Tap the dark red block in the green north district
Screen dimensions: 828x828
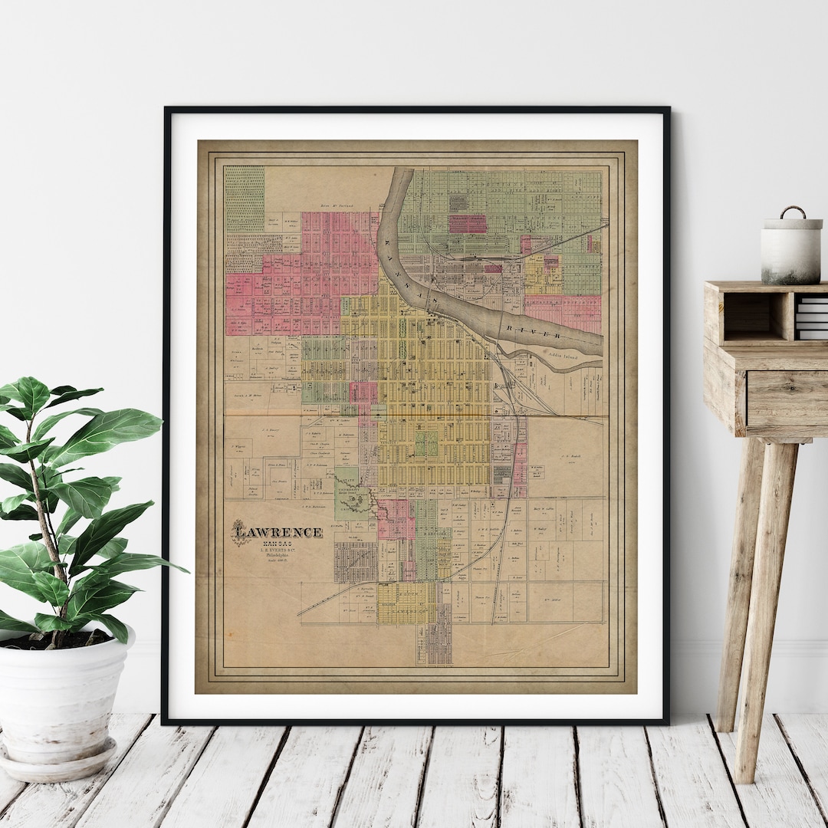[x=468, y=223]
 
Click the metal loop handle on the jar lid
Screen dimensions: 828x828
[x=793, y=212]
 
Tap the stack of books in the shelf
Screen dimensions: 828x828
[x=811, y=316]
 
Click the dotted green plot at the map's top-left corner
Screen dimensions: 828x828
[x=244, y=198]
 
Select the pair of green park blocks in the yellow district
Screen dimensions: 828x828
[x=426, y=442]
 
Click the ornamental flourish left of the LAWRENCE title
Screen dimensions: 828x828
[x=241, y=534]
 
